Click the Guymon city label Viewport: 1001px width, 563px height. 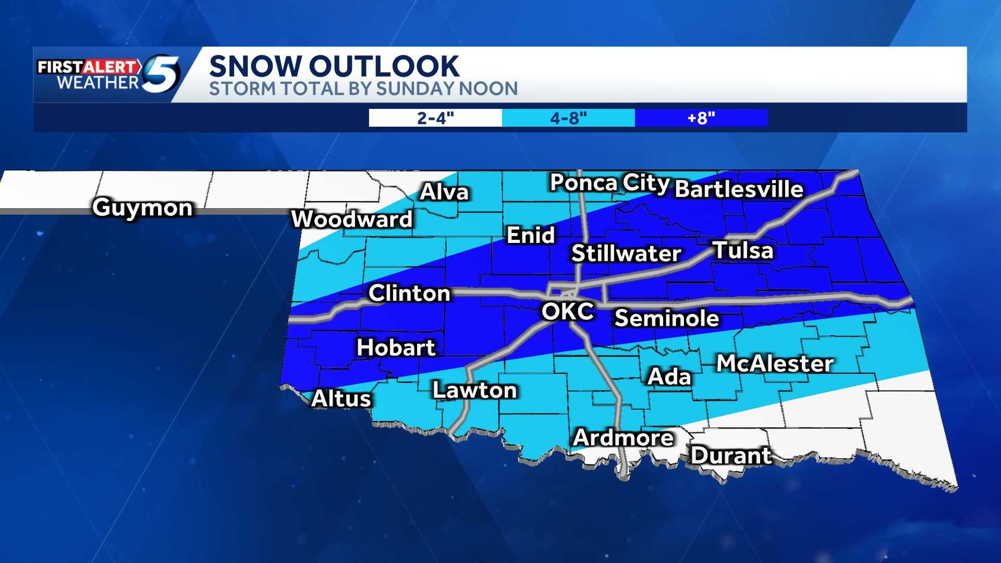pos(143,208)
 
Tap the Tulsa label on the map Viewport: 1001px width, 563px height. pos(742,250)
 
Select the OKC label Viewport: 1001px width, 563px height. pos(567,312)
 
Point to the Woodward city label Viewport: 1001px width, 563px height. pos(352,219)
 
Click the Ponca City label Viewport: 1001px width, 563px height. pos(609,183)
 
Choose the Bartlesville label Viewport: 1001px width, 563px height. pos(739,189)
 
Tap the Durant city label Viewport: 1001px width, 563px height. pos(731,456)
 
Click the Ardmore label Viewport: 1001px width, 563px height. pos(623,438)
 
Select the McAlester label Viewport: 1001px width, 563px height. pos(775,364)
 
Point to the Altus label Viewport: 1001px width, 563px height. pos(341,399)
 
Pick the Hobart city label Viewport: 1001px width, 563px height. pos(396,348)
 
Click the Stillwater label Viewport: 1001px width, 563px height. pos(626,254)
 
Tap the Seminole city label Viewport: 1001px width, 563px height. pos(667,319)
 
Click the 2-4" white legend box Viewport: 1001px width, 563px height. pos(435,118)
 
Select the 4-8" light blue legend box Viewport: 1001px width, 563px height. pos(568,118)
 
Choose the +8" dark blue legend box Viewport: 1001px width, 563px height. pos(701,118)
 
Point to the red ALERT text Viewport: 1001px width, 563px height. pos(111,67)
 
